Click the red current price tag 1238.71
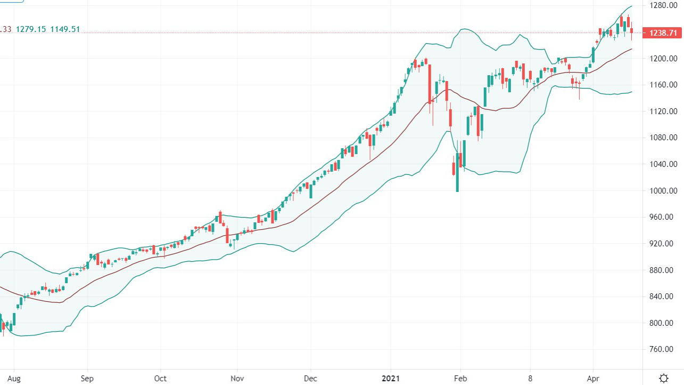click(x=663, y=33)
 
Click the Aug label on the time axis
click(x=14, y=379)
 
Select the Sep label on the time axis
click(x=87, y=379)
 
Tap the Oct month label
click(x=160, y=379)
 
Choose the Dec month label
click(x=310, y=379)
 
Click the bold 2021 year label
click(x=392, y=379)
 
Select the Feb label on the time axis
click(x=460, y=379)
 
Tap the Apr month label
click(x=593, y=379)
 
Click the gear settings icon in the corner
click(x=663, y=378)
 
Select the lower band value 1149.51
click(x=65, y=29)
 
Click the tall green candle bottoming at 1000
click(x=457, y=172)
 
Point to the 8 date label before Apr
click(x=530, y=379)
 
